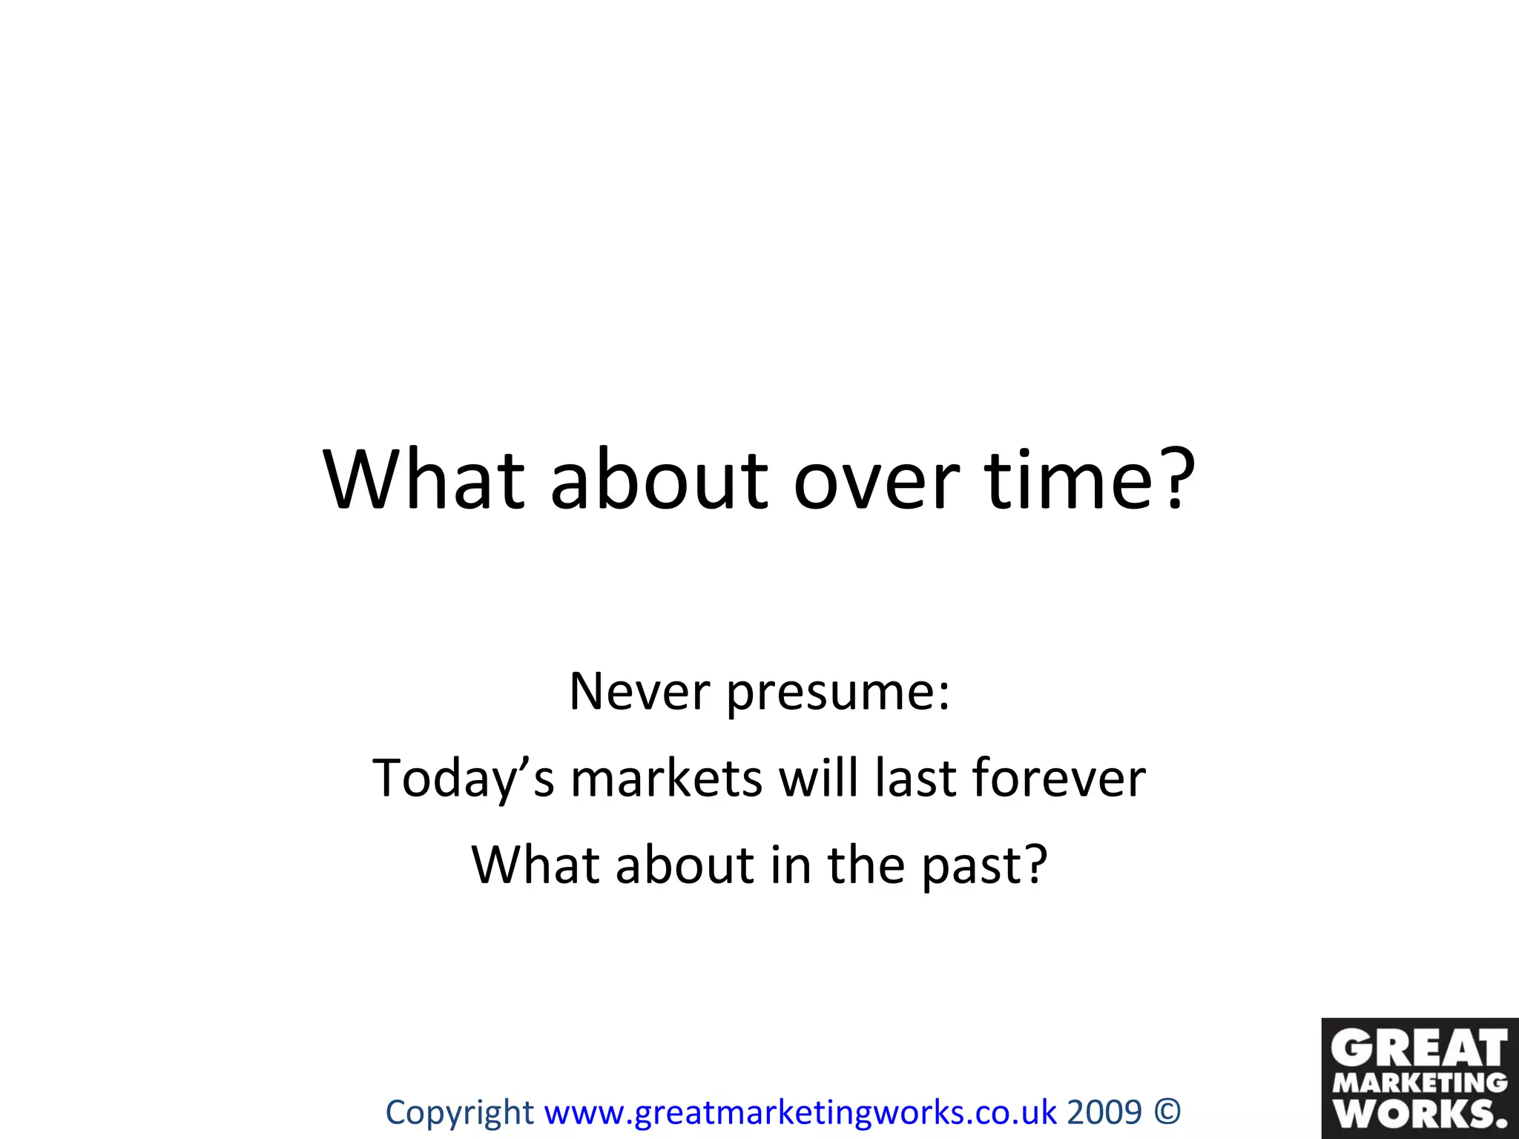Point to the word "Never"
coord(639,692)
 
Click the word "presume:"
coord(837,693)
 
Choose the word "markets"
coord(666,779)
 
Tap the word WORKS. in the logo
coord(1420,1113)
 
